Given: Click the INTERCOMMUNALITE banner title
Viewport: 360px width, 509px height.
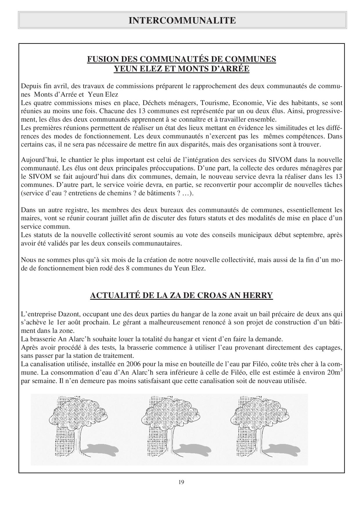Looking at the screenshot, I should pyautogui.click(x=182, y=20).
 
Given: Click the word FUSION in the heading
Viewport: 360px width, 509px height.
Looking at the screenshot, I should pyautogui.click(x=99, y=59).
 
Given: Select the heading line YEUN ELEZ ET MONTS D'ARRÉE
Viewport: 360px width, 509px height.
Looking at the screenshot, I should pyautogui.click(x=181, y=69).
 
